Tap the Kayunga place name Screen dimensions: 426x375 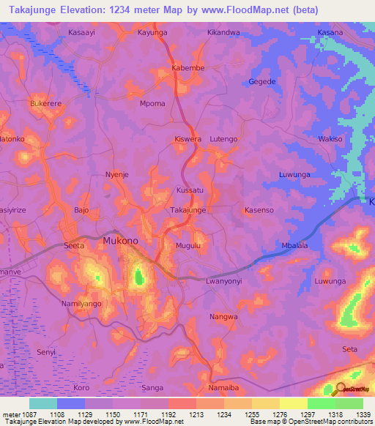coord(152,34)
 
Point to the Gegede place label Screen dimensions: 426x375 coord(262,81)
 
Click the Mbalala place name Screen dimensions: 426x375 coord(295,246)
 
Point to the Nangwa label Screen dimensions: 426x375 coord(224,317)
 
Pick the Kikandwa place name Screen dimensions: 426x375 coord(223,34)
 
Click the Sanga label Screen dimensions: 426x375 coord(152,387)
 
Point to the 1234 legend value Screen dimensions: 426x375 coord(223,414)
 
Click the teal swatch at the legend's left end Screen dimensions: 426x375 coord(43,403)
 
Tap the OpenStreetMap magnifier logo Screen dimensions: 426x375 coord(339,390)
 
